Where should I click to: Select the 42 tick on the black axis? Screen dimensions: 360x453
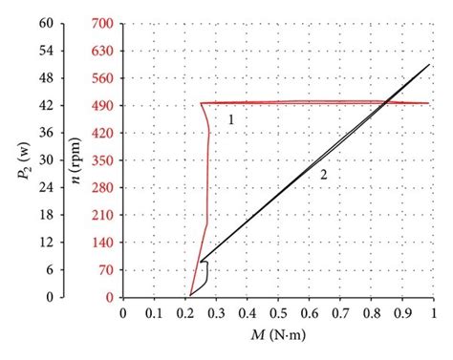45,104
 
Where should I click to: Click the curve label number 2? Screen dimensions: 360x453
324,175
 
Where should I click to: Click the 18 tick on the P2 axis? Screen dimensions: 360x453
45,215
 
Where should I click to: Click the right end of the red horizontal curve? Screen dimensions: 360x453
429,103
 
